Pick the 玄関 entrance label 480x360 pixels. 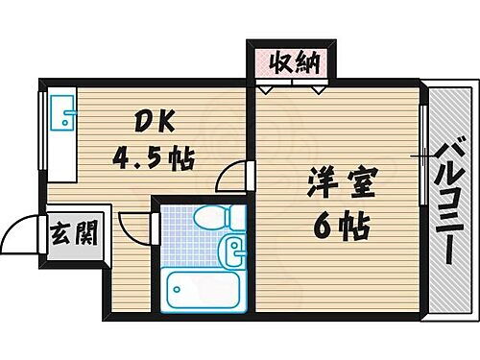point(73,232)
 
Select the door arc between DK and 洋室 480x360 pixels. point(230,175)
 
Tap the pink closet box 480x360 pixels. point(292,66)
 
